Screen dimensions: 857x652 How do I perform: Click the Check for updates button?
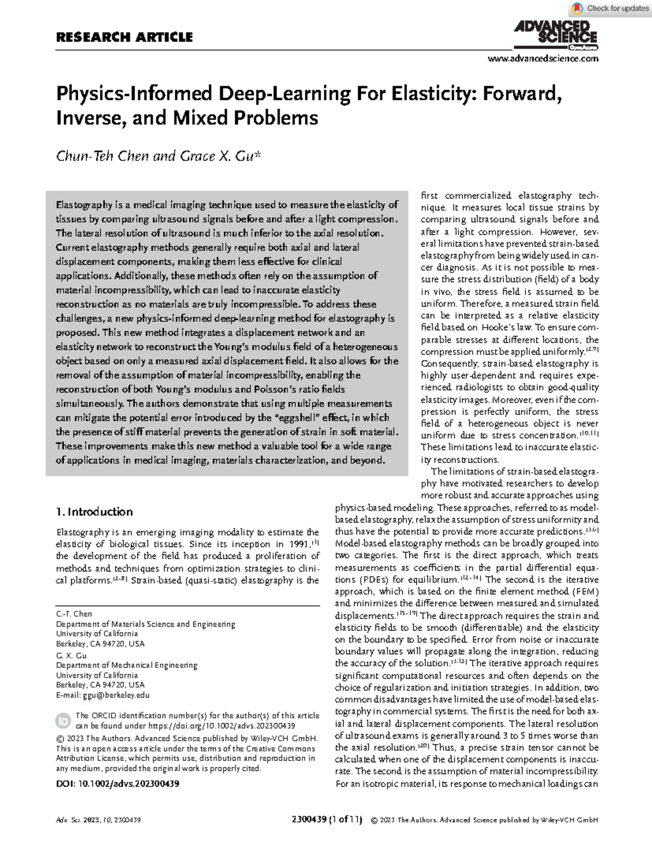click(x=611, y=8)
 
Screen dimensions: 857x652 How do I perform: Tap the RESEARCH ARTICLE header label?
click(x=124, y=37)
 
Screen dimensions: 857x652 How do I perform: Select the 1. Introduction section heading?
click(x=95, y=511)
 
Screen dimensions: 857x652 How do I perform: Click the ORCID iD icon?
click(x=62, y=721)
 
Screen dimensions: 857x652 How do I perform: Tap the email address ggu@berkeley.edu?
click(x=116, y=695)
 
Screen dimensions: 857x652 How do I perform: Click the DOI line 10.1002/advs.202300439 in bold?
click(x=118, y=784)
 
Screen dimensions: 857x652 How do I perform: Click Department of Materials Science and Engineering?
click(x=146, y=624)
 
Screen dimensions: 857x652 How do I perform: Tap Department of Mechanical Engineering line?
click(x=127, y=665)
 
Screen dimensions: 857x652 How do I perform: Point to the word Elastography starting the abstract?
click(x=83, y=205)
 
